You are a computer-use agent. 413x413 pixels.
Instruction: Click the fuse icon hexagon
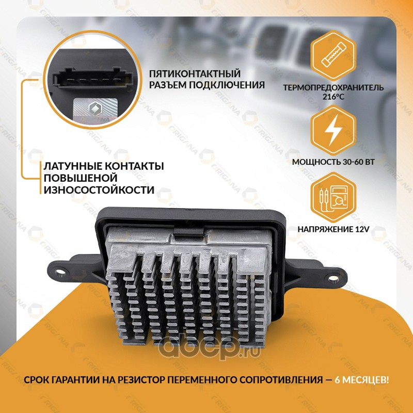[x=333, y=56]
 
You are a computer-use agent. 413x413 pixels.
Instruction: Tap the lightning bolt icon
[x=333, y=130]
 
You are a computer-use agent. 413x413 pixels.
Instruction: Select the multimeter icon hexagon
[x=333, y=197]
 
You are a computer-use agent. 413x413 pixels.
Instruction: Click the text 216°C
[x=333, y=97]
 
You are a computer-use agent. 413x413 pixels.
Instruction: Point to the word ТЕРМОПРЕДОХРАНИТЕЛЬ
[x=333, y=87]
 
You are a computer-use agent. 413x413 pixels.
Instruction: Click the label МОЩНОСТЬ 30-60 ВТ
[x=333, y=162]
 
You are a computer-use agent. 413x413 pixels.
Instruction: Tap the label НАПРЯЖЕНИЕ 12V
[x=333, y=229]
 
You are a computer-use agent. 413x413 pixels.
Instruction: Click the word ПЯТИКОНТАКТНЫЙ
[x=195, y=74]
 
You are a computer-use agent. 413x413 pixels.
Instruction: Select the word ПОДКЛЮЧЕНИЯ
[x=227, y=85]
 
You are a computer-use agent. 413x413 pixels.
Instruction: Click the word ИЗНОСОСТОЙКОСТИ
[x=99, y=190]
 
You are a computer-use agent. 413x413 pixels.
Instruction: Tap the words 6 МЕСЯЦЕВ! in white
[x=361, y=380]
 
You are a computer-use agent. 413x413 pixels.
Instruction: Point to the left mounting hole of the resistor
[x=61, y=271]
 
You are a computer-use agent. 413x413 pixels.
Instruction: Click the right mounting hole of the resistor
[x=332, y=278]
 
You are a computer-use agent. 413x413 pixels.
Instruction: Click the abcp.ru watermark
[x=209, y=348]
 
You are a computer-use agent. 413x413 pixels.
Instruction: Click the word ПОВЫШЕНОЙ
[x=81, y=178]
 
